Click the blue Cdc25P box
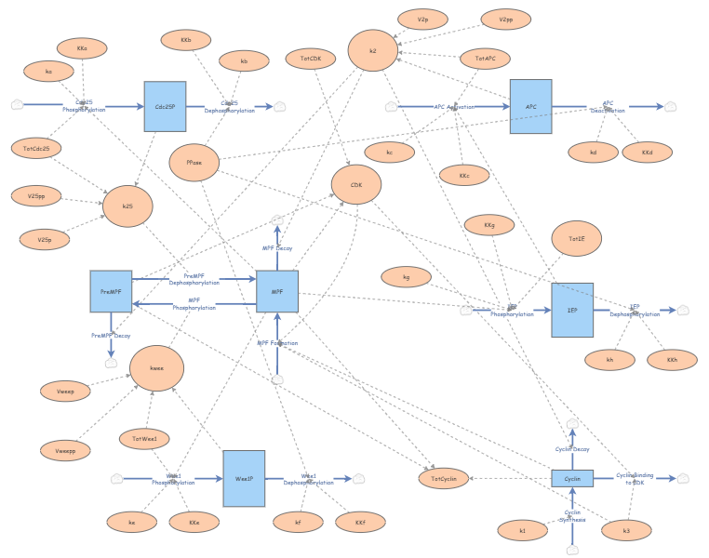point(165,106)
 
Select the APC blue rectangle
point(530,106)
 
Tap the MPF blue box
point(276,291)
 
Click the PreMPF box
point(111,291)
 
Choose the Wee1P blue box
point(244,478)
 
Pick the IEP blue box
point(571,310)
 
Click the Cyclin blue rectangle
point(572,478)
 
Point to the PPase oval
point(194,162)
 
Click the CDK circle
point(355,185)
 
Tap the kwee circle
point(156,367)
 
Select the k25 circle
point(128,206)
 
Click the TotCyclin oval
point(443,478)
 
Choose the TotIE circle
point(576,239)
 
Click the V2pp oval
point(505,20)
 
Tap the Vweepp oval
point(65,450)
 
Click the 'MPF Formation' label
point(277,343)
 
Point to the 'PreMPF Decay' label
point(111,335)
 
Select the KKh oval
point(672,360)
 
